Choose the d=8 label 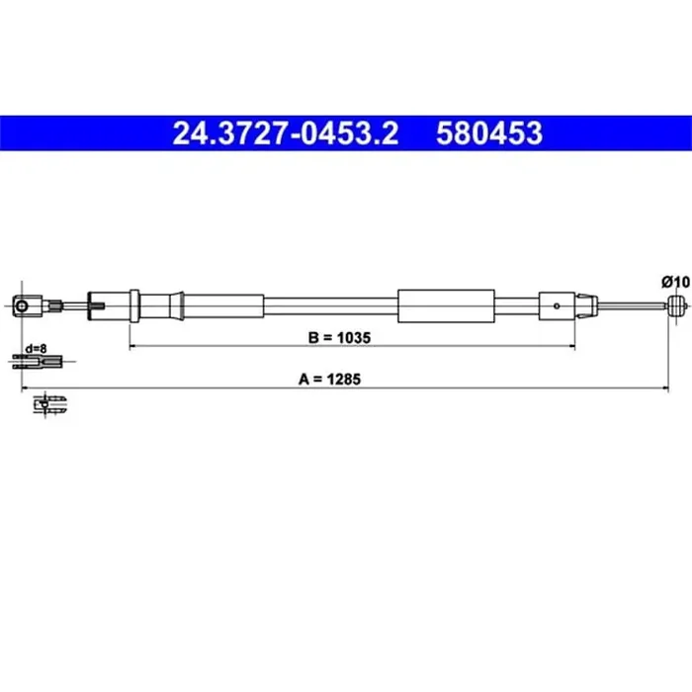(x=38, y=348)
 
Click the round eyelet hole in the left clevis (x=23, y=306)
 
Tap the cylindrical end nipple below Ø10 (x=676, y=306)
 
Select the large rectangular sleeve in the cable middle (x=445, y=306)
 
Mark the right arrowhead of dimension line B (x=570, y=347)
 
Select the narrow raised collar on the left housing (x=135, y=305)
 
